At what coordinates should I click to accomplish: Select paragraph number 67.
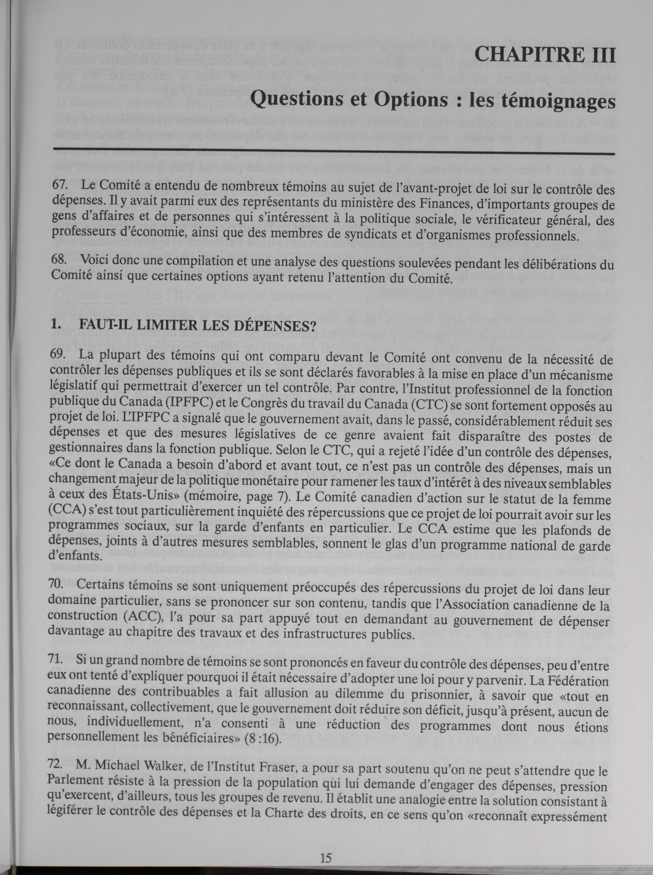point(59,185)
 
